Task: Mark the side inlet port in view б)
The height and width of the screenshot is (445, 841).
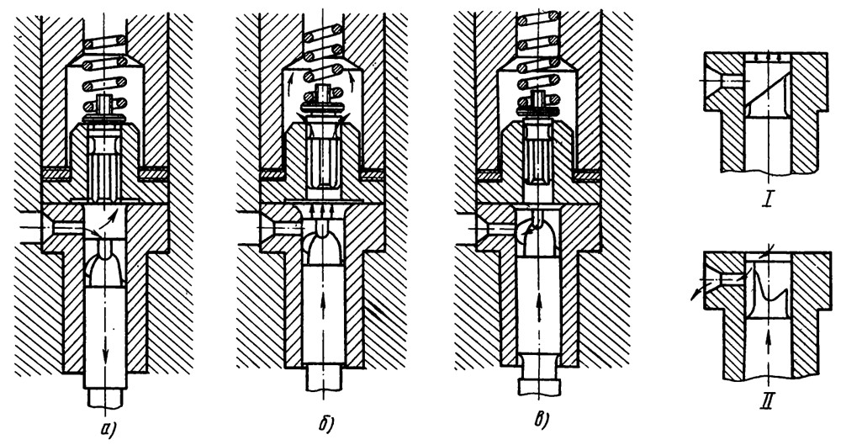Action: click(277, 227)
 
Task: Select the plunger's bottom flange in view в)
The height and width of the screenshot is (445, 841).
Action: click(539, 388)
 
